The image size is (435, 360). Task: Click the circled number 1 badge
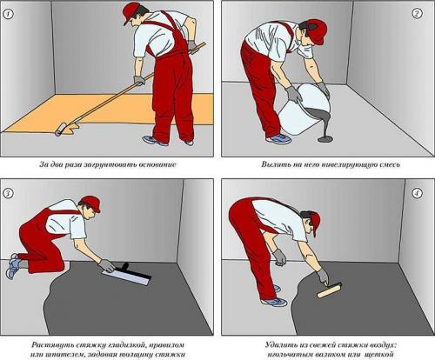[8, 14]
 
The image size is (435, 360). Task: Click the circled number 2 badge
[417, 14]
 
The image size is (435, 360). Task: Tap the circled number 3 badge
[8, 193]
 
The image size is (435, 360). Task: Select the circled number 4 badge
[417, 193]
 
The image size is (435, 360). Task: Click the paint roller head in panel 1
[61, 129]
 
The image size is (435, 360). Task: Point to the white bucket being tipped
[304, 110]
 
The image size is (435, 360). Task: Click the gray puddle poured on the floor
[325, 139]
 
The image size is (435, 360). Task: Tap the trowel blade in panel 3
[126, 277]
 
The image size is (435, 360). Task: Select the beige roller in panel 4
[330, 290]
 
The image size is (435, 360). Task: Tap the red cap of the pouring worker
[317, 31]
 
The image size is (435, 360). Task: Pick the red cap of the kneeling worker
[92, 203]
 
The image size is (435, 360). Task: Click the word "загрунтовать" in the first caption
[109, 164]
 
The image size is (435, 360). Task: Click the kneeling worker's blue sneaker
[13, 266]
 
